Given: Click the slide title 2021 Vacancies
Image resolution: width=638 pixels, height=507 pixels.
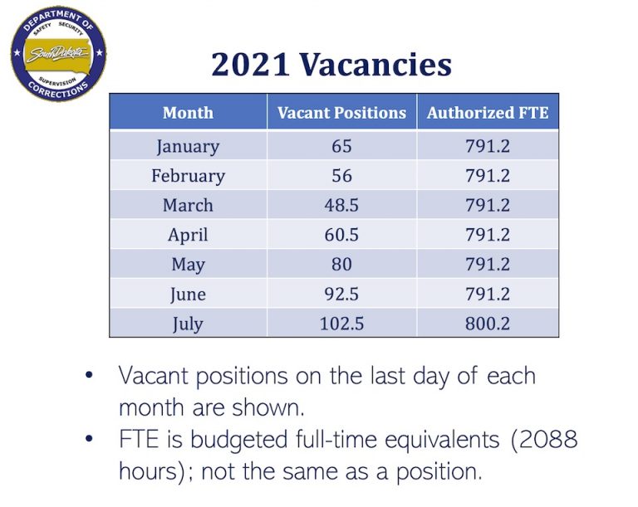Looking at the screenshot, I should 331,64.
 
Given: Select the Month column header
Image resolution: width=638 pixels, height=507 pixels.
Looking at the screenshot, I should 188,113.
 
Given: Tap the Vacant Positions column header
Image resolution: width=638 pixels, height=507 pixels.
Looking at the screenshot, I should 341,113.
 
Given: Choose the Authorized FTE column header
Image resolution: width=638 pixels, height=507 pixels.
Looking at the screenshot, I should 488,113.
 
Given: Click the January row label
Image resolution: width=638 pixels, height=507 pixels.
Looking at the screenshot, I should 188,147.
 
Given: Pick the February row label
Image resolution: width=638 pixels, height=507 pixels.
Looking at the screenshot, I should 188,176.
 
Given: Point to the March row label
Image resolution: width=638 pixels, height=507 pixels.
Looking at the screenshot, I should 188,205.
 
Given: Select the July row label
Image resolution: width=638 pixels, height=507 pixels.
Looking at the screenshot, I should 188,323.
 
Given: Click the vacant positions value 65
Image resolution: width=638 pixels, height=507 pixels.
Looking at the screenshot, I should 341,147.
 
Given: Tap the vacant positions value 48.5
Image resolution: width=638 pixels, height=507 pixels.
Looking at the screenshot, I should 341,205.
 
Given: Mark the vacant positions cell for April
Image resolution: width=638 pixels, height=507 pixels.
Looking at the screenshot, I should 341,235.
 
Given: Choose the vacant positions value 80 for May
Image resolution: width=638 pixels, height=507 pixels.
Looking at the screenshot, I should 341,264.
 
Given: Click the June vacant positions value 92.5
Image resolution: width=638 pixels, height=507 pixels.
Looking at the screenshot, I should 341,294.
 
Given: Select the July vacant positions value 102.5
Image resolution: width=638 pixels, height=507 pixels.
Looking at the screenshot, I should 341,323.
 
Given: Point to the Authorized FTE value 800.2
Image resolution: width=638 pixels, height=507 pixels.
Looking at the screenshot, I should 488,323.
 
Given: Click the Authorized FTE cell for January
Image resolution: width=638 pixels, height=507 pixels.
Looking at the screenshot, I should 488,147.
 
